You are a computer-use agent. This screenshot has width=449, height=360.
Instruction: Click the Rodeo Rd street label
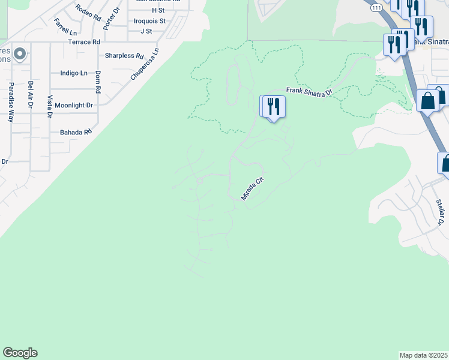[88, 11]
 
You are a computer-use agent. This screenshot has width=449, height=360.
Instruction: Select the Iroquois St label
[149, 20]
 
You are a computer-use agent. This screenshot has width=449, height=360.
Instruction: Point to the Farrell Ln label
[65, 26]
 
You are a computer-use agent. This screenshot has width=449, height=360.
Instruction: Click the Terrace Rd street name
[84, 42]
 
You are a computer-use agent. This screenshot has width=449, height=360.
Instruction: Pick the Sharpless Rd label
[124, 56]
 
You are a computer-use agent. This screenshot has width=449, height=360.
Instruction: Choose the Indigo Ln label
[74, 73]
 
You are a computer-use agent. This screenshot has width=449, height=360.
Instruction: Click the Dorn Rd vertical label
[97, 82]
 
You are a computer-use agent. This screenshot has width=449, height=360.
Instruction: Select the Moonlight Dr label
[74, 105]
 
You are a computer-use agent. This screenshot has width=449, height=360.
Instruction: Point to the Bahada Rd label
[75, 131]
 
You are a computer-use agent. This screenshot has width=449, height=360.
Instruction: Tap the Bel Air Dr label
[30, 94]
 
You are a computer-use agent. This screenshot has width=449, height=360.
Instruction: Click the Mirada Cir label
[252, 188]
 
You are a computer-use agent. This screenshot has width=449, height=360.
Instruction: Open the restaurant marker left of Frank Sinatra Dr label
[273, 107]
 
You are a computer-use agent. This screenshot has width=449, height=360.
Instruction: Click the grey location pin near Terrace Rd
[20, 55]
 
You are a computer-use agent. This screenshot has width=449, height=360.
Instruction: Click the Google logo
[20, 353]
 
